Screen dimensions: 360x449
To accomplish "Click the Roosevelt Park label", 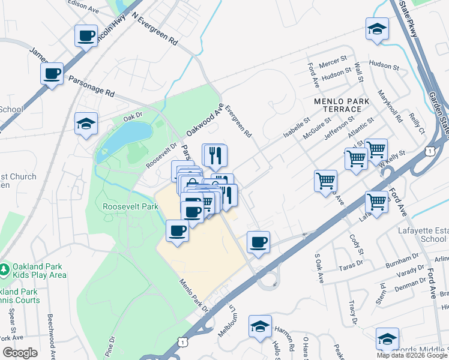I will click(x=130, y=206).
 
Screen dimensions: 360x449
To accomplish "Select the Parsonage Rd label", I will click(x=91, y=86).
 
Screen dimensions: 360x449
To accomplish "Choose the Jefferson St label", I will click(x=337, y=129).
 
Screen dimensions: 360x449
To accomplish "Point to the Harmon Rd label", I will click(x=284, y=337).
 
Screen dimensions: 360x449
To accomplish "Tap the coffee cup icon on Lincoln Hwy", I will click(x=86, y=35).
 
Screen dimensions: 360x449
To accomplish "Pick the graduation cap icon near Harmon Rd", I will click(x=261, y=326).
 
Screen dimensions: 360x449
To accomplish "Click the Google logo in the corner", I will click(x=20, y=353).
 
